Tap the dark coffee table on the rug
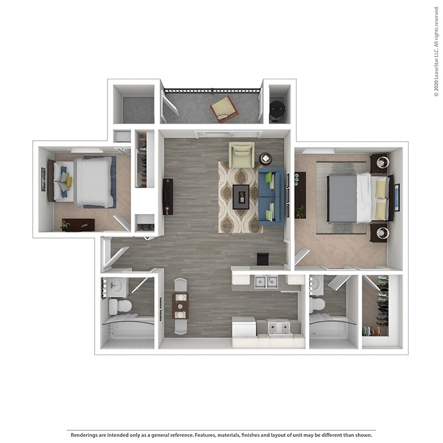pyautogui.click(x=241, y=196)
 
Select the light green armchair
pyautogui.click(x=241, y=154)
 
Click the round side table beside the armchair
pyautogui.click(x=266, y=159)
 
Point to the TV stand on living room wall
pyautogui.click(x=168, y=197)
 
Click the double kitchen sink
pyautogui.click(x=264, y=282)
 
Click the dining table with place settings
pyautogui.click(x=181, y=306)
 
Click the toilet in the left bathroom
pyautogui.click(x=119, y=305)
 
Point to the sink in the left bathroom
pyautogui.click(x=116, y=286)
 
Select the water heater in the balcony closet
pyautogui.click(x=277, y=107)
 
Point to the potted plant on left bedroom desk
pyautogui.click(x=65, y=224)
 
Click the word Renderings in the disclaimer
pyautogui.click(x=86, y=434)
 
